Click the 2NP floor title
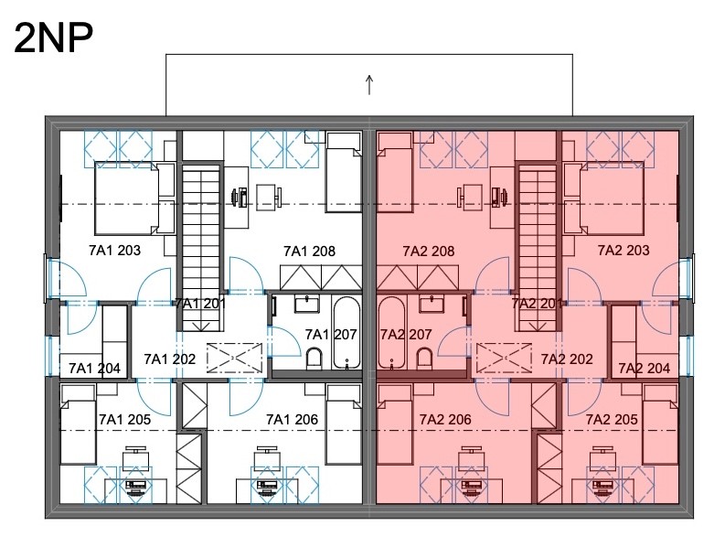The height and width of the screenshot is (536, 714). click(x=54, y=38)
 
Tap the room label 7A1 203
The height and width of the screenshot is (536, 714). click(x=115, y=250)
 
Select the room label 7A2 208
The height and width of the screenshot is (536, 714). click(x=429, y=251)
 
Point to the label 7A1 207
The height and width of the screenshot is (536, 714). click(x=331, y=335)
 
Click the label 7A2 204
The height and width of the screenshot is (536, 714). click(x=644, y=368)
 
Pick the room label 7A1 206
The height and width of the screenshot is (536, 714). click(x=292, y=420)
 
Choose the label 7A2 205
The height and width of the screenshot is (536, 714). click(x=612, y=420)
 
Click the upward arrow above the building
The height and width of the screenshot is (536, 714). click(x=369, y=85)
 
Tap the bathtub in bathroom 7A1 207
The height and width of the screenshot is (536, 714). click(x=347, y=332)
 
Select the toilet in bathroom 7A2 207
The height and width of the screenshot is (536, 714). click(x=424, y=359)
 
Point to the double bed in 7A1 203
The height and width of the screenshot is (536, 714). click(x=134, y=199)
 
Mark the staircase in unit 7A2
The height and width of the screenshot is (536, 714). click(x=538, y=248)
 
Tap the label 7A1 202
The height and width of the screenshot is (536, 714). click(x=169, y=359)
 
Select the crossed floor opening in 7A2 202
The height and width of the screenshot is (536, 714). click(x=504, y=359)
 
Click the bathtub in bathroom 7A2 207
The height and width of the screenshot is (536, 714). click(x=391, y=332)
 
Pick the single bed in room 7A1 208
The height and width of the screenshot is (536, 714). click(x=345, y=173)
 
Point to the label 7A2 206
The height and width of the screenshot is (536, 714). click(x=445, y=420)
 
